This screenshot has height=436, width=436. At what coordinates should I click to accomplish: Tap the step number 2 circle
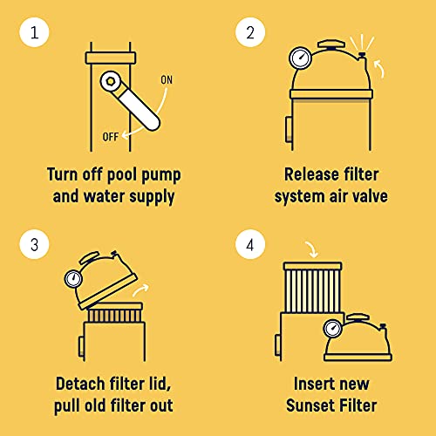pos(250,35)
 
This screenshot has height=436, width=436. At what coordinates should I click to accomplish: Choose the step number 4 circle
pos(250,246)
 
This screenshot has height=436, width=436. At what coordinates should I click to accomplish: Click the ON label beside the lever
pos(167,81)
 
